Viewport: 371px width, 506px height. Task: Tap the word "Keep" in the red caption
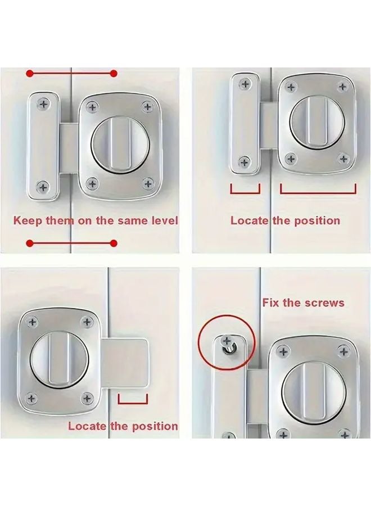coord(26,220)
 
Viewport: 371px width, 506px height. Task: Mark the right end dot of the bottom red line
coord(114,243)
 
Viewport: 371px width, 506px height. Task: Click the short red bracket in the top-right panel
coord(245,190)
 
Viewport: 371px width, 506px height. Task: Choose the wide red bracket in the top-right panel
coord(318,190)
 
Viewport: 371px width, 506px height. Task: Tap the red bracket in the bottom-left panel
coord(133,400)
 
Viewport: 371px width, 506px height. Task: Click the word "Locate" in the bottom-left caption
coord(87,426)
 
